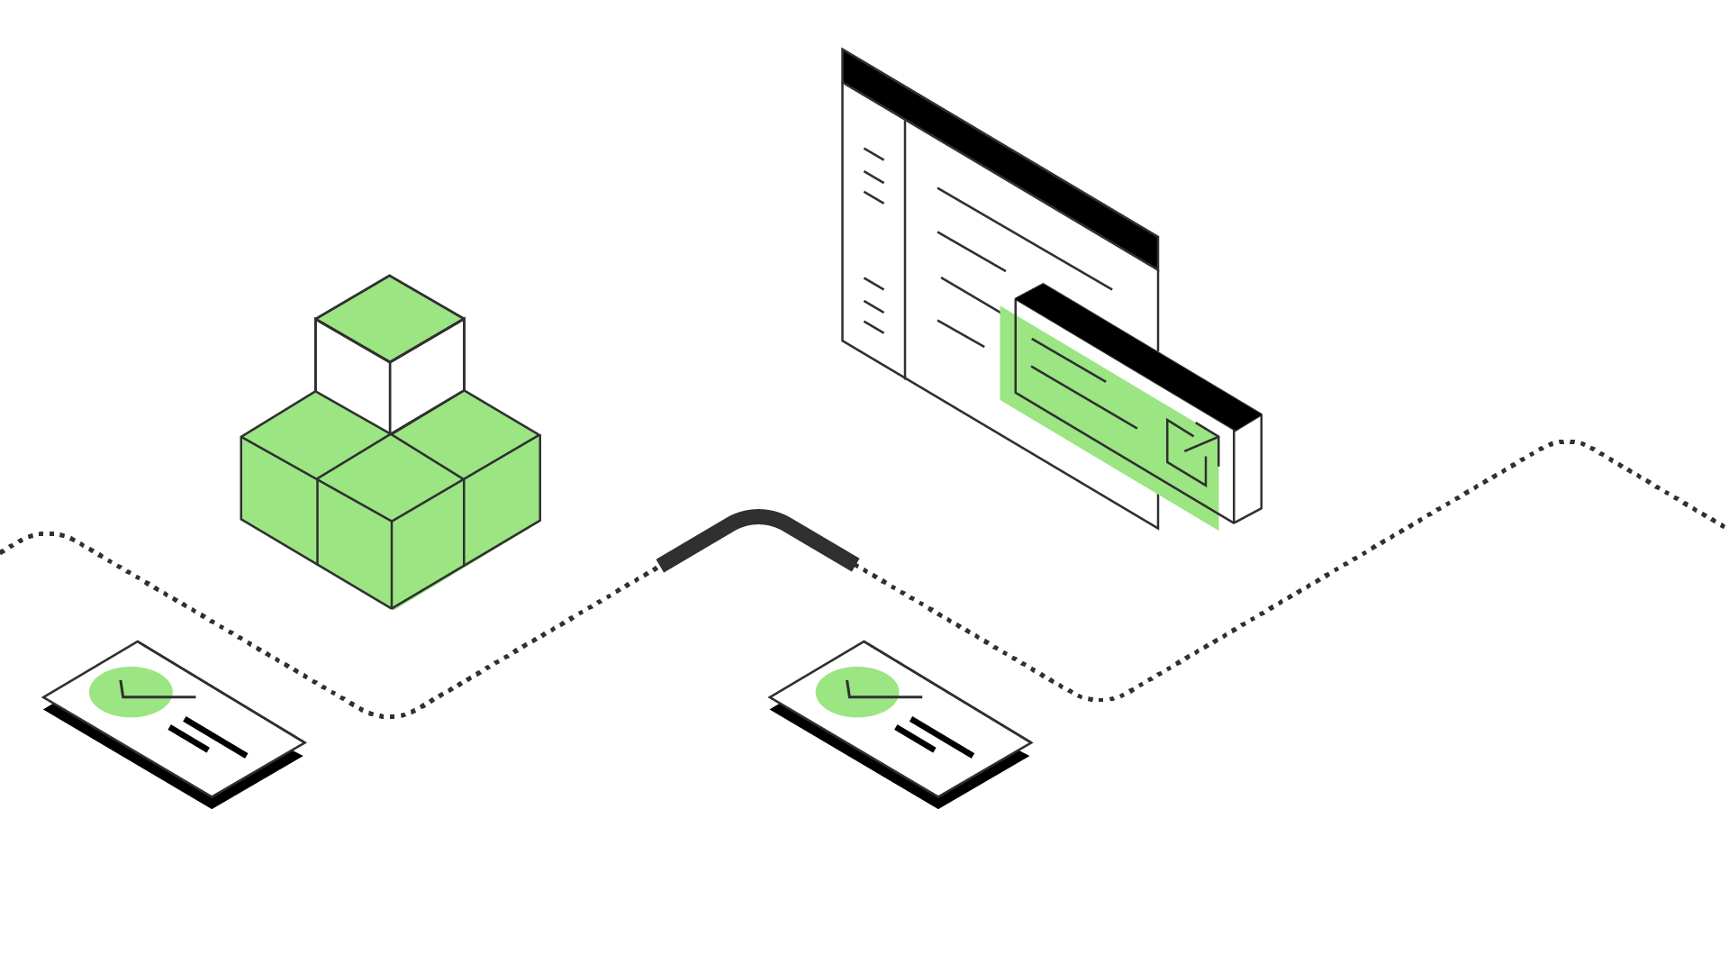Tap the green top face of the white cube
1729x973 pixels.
point(389,318)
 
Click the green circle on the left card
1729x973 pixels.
point(131,692)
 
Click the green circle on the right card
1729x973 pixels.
point(856,692)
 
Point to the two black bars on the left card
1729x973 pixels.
point(208,736)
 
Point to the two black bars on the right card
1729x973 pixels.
point(935,736)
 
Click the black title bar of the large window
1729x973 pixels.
point(1000,159)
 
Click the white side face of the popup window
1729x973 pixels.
point(1247,468)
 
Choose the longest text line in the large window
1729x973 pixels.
point(1024,238)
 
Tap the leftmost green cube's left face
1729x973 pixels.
point(278,500)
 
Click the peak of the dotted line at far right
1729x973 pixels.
point(1567,441)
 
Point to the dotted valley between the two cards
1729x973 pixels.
point(387,715)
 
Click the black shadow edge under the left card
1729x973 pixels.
point(135,761)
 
